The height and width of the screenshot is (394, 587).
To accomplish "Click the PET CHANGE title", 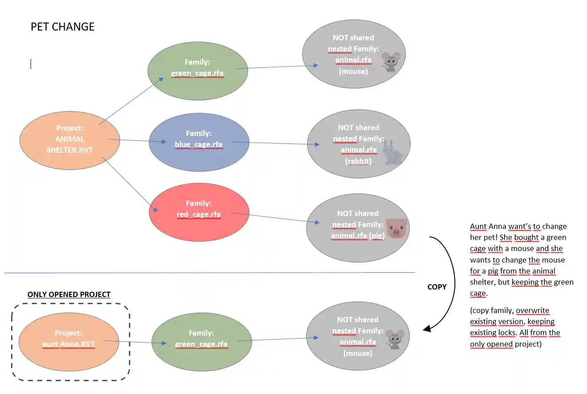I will (x=62, y=27).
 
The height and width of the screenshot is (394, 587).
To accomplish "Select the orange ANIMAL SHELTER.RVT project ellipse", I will (x=70, y=140).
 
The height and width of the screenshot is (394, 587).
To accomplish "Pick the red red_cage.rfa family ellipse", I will (x=198, y=212).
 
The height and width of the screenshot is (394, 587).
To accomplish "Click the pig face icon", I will (x=396, y=228).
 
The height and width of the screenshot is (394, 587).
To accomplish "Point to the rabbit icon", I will (x=392, y=152).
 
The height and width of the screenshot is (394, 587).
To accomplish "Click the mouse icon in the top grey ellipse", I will (x=391, y=62).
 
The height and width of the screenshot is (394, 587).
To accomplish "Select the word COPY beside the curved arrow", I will (x=437, y=287).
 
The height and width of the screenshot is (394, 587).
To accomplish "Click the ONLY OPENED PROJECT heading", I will (x=69, y=294).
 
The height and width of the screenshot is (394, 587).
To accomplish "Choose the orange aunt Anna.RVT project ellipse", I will (x=69, y=338).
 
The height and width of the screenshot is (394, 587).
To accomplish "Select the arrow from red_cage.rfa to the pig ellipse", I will (x=275, y=218).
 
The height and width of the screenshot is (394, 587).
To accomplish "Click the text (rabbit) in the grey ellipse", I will (x=358, y=161).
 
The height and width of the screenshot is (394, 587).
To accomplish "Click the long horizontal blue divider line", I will (x=208, y=273).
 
